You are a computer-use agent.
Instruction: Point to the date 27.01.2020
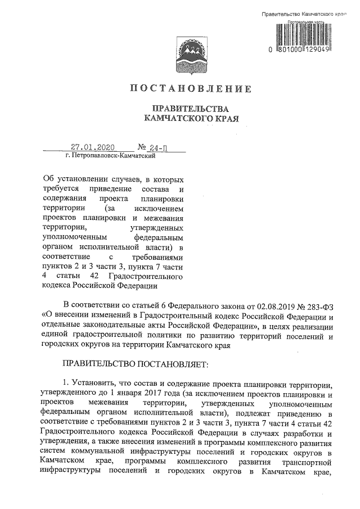(93, 148)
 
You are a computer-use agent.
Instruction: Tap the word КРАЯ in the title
(222, 119)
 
